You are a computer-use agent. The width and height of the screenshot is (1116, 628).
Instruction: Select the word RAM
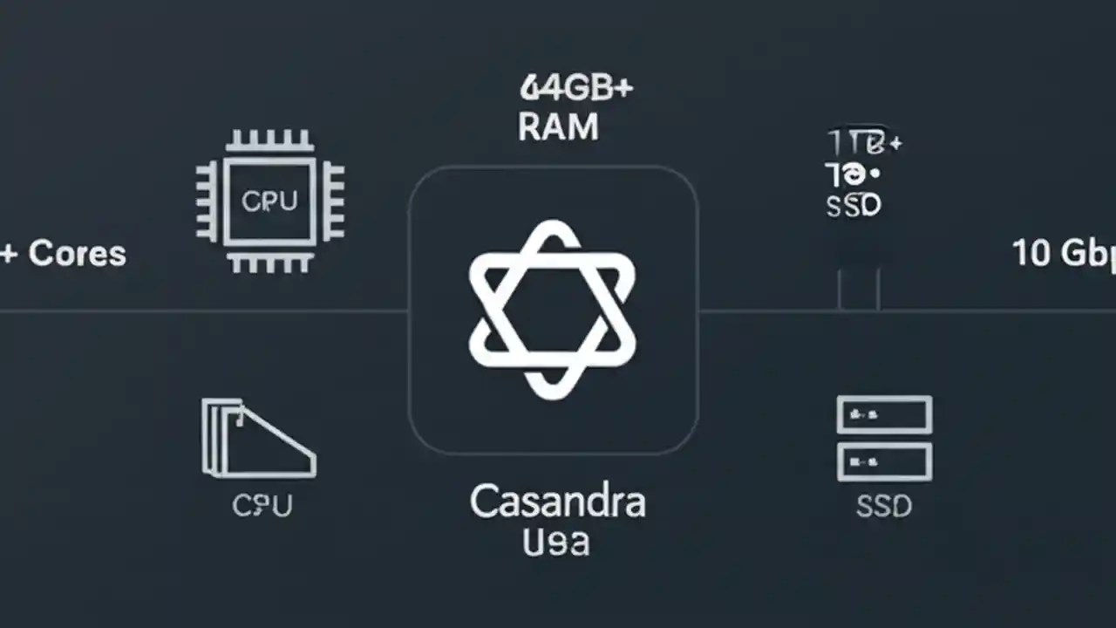(558, 127)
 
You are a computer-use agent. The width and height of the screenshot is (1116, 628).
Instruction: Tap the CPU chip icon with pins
(269, 201)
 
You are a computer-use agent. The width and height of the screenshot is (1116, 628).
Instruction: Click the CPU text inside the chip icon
(269, 201)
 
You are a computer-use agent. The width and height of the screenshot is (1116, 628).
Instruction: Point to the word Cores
(78, 254)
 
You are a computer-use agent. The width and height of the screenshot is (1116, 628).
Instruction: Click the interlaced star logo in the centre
(553, 310)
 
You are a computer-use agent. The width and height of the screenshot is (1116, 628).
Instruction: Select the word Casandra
(558, 502)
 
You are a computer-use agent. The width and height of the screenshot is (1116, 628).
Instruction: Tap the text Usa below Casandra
(556, 542)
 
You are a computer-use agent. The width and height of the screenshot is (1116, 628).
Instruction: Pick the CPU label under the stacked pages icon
(262, 505)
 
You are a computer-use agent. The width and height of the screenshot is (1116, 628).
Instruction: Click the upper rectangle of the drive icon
(884, 414)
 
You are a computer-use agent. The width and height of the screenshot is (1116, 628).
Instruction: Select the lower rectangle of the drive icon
(884, 461)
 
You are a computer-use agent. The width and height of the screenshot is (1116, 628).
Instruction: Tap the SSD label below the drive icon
(884, 506)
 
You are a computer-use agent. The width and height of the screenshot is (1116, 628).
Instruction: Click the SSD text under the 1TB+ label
(853, 206)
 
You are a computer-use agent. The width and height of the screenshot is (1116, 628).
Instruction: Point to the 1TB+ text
(863, 142)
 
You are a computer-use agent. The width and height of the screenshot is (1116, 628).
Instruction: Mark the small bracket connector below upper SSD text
(859, 288)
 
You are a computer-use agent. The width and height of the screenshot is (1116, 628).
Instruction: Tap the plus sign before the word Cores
(9, 254)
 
